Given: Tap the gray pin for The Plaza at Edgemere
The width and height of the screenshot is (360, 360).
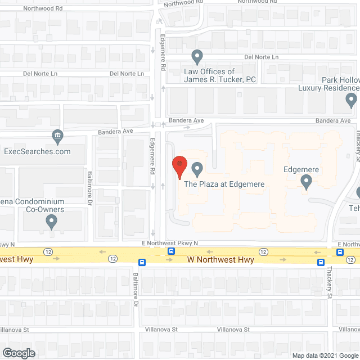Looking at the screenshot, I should (197, 168).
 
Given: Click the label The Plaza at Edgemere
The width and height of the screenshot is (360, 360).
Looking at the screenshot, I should (224, 184).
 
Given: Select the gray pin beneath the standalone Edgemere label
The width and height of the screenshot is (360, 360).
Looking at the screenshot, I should (307, 182).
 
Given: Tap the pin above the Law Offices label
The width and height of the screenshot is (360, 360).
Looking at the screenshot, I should (197, 56).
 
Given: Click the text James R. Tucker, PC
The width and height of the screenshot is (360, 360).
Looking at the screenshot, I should (220, 80).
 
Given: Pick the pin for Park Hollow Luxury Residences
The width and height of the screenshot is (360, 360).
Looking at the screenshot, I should (351, 101).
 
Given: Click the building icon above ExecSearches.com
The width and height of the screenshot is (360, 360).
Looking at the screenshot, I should (57, 136).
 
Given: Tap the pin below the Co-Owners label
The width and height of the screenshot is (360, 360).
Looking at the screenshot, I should (51, 223).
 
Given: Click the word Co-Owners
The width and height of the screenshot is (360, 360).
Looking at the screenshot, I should (45, 210).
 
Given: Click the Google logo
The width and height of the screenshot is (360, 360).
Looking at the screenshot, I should (18, 353).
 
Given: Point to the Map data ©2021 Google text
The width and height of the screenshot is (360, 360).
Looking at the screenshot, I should (324, 355).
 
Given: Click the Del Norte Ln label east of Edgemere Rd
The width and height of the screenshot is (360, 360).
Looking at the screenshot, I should (261, 57).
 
